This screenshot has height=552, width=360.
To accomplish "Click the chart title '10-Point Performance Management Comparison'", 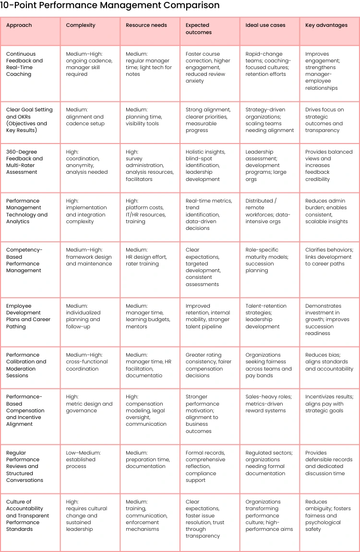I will point(110,6).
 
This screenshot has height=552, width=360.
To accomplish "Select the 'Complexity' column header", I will point(81,25).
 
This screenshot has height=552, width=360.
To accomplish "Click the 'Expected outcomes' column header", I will point(197,29).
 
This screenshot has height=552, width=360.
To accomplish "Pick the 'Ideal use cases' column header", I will point(265,25).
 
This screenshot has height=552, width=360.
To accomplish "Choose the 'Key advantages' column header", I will point(326,25).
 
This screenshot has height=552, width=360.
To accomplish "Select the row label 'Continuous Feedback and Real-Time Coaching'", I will point(24,64).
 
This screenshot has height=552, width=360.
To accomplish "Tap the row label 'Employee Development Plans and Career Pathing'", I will point(28,316).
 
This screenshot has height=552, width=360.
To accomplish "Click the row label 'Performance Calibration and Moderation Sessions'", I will point(26,365).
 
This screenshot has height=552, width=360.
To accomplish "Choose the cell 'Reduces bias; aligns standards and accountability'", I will point(329,362).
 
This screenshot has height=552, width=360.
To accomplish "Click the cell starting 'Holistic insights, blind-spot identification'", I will point(205,166).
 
